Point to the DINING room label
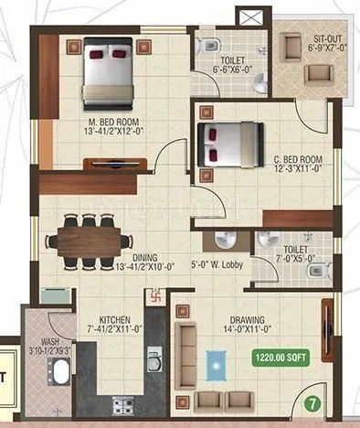coord(132,258)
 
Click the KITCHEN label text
coord(114,321)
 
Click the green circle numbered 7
coord(312,401)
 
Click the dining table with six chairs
coord(88,240)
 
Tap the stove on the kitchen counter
coord(122,405)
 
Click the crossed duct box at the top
coord(248,16)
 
